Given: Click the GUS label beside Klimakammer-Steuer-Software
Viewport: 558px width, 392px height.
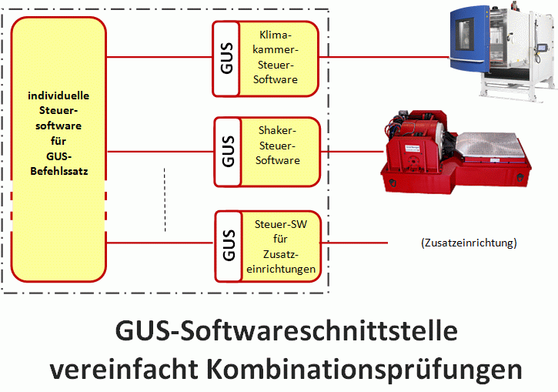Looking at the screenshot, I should coord(226,58).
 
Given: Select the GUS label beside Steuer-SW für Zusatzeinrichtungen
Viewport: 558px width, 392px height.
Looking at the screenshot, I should coord(226,244).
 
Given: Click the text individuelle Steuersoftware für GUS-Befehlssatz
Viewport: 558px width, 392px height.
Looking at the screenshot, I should coord(58,132).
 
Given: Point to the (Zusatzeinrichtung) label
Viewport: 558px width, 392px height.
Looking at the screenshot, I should coord(469,243).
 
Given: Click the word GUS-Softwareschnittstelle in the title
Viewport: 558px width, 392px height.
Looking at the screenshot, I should coord(286,332).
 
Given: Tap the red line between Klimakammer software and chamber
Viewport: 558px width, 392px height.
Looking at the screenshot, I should coord(385,57).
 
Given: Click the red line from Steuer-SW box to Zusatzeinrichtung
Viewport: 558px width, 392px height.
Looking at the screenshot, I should coord(362,243).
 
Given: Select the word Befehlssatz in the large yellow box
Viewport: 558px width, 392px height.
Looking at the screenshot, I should coord(58,172).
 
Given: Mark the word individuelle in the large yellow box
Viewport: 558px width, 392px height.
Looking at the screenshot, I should coord(58,96).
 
